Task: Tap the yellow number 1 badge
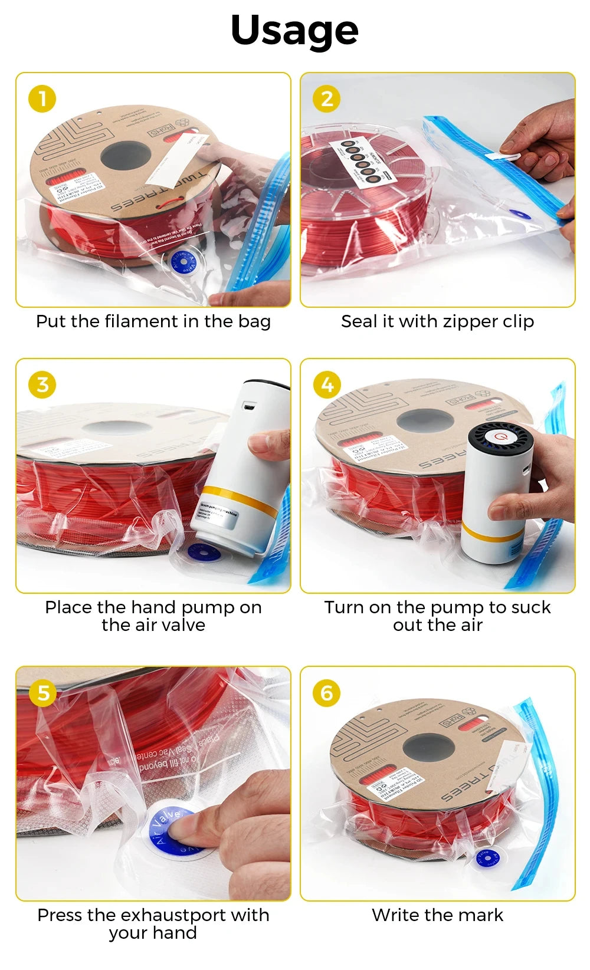(x=42, y=98)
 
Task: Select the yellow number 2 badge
(x=327, y=98)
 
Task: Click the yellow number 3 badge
(x=42, y=384)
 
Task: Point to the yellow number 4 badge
(x=327, y=384)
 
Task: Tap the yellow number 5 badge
(x=42, y=693)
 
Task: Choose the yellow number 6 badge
(x=327, y=693)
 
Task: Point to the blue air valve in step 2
(x=517, y=215)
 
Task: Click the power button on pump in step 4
(x=501, y=438)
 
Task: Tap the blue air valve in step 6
(x=487, y=857)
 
